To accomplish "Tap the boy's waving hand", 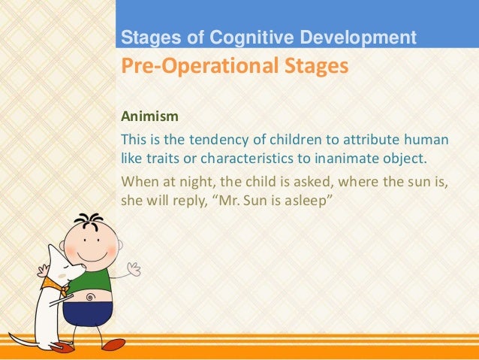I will (134, 268).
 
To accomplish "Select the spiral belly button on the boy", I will (90, 297).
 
